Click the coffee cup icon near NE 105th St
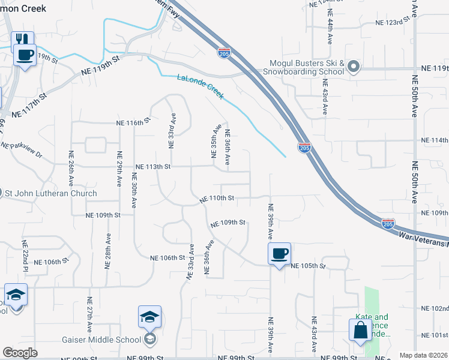coord(279,253)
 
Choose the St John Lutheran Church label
coord(51,193)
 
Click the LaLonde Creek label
coord(200,87)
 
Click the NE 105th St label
coord(308,266)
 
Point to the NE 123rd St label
coord(392,22)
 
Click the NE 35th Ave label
coord(213,142)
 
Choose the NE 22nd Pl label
coord(25,255)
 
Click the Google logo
coord(20,353)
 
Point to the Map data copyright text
coord(423,355)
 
